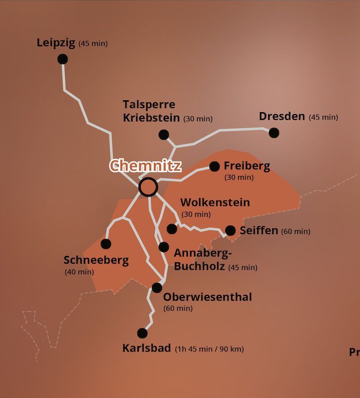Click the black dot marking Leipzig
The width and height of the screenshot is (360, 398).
(62, 59)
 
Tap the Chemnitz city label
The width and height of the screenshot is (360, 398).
(145, 165)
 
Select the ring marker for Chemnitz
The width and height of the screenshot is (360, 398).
(148, 187)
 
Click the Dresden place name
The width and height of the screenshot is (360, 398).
(282, 117)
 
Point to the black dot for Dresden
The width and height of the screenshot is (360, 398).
(274, 132)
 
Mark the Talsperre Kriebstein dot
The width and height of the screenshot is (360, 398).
(163, 134)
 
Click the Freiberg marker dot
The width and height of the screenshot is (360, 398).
(214, 166)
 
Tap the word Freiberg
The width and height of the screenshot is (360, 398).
(247, 166)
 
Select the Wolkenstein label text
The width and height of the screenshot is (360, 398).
(215, 202)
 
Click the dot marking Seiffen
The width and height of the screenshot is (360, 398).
(230, 231)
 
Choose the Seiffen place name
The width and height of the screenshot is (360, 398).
(259, 231)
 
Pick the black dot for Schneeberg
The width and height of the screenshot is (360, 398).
(106, 243)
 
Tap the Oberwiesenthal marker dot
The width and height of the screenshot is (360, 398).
(157, 287)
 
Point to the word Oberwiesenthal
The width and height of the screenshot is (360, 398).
(207, 297)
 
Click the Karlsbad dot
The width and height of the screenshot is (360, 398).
(142, 333)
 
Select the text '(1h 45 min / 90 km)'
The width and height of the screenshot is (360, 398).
(209, 349)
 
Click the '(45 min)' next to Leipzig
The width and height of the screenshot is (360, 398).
(93, 44)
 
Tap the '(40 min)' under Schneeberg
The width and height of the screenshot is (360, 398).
(79, 272)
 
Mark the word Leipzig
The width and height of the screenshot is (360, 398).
(56, 43)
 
